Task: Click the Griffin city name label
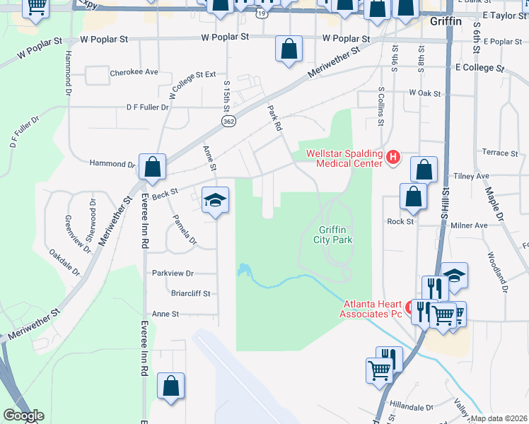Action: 446,21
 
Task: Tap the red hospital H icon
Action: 394,157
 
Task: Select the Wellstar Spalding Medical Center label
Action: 344,158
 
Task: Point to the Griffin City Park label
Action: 335,235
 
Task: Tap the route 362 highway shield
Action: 228,122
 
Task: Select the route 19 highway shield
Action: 262,12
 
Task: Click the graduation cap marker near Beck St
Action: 216,199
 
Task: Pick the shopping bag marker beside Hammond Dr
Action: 152,167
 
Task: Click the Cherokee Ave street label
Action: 134,73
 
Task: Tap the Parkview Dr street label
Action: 173,273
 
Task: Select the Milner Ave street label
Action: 469,225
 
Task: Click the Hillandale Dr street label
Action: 410,408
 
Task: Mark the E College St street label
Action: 479,69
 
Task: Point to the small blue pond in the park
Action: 243,271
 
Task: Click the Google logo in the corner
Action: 23,416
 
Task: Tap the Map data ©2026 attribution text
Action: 499,418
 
